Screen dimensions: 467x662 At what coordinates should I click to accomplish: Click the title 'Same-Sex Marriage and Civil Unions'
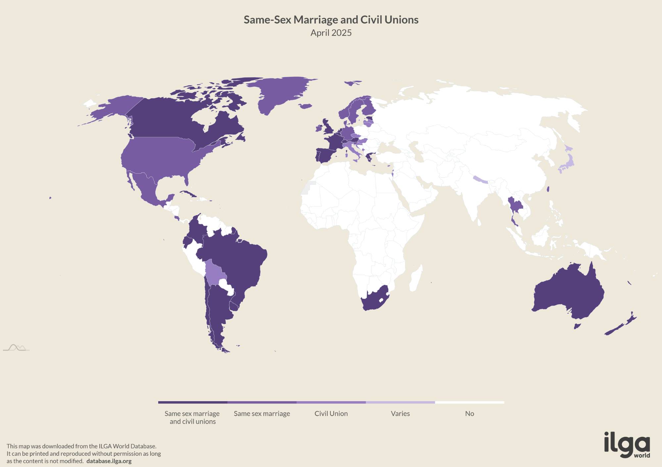pos(331,20)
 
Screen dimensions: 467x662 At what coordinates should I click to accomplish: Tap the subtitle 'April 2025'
pos(331,33)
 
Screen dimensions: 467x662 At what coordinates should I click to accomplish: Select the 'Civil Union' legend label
pos(331,413)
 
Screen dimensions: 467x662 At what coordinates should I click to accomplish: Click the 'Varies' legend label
pos(400,413)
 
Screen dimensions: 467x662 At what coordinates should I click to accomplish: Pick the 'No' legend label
pos(469,413)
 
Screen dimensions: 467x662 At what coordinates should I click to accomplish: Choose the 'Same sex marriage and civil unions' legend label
pos(192,417)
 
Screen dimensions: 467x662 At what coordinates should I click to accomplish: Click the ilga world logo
pos(627,445)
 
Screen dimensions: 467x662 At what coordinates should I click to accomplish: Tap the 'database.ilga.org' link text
pos(109,461)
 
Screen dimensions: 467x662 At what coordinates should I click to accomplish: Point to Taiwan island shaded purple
pos(548,190)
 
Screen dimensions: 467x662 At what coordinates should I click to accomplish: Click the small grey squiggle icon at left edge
pos(16,348)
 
